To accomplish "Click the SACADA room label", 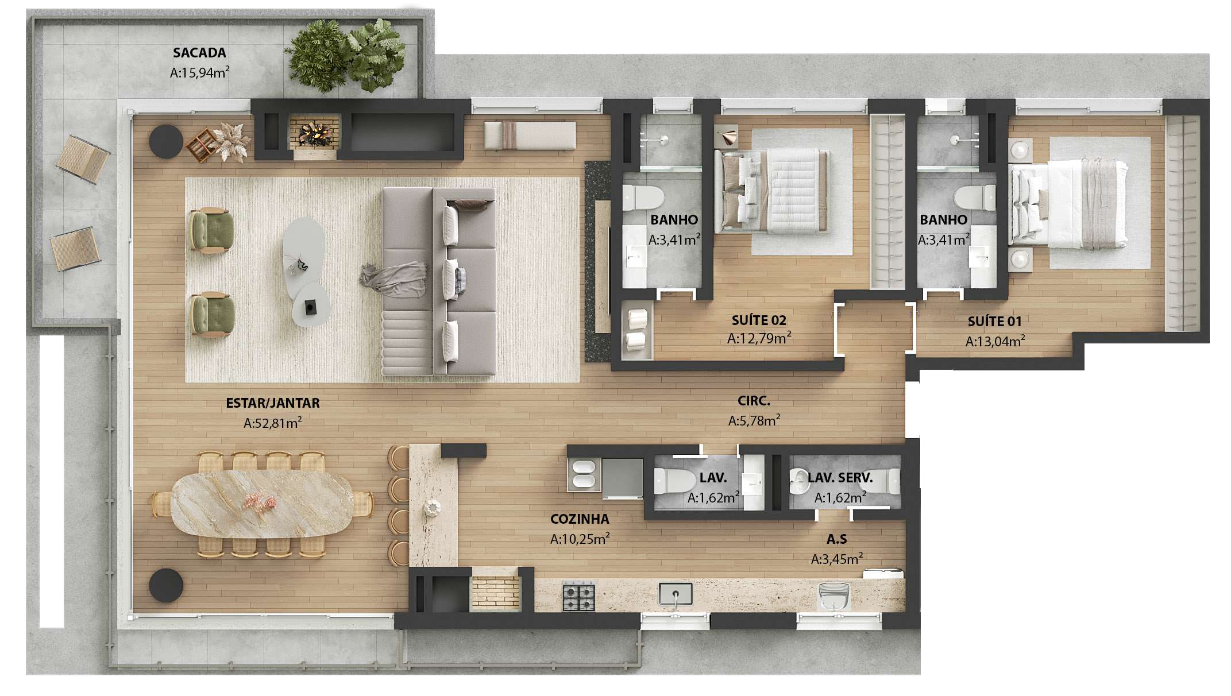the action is pyautogui.click(x=199, y=53).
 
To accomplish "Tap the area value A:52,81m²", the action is pyautogui.click(x=273, y=423).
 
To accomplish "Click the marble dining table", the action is pyautogui.click(x=262, y=504).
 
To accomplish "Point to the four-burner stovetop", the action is pyautogui.click(x=578, y=596).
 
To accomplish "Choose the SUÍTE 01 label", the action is pyautogui.click(x=995, y=322).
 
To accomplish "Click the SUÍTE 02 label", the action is pyautogui.click(x=759, y=320).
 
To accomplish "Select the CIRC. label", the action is pyautogui.click(x=754, y=401).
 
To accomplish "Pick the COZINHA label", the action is pyautogui.click(x=580, y=519).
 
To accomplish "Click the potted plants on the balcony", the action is pyautogui.click(x=345, y=55).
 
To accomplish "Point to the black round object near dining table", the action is pyautogui.click(x=166, y=586).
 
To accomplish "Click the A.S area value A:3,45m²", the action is pyautogui.click(x=837, y=559).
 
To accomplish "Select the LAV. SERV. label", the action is pyautogui.click(x=840, y=478).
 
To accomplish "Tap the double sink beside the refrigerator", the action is pyautogui.click(x=584, y=474).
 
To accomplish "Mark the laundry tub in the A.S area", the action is pyautogui.click(x=833, y=596).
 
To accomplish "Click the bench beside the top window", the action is pyautogui.click(x=529, y=136).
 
